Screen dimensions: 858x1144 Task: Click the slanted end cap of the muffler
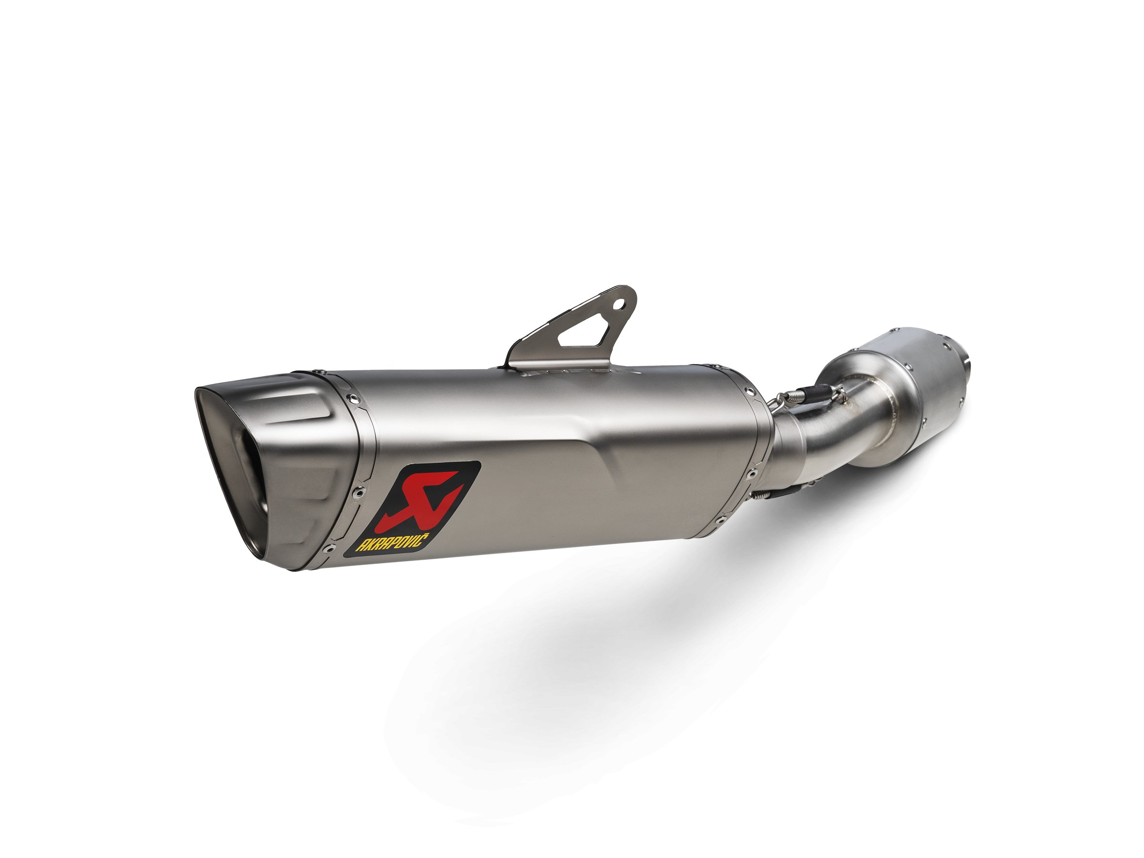pos(279,455)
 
